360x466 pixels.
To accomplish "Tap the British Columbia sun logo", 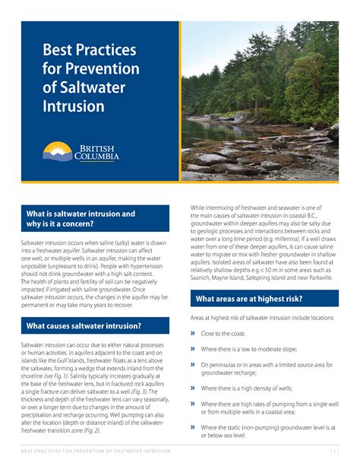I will coord(56,151).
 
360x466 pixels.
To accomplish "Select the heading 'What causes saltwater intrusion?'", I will coord(84,326).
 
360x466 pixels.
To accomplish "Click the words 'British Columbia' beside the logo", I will coord(96,152).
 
